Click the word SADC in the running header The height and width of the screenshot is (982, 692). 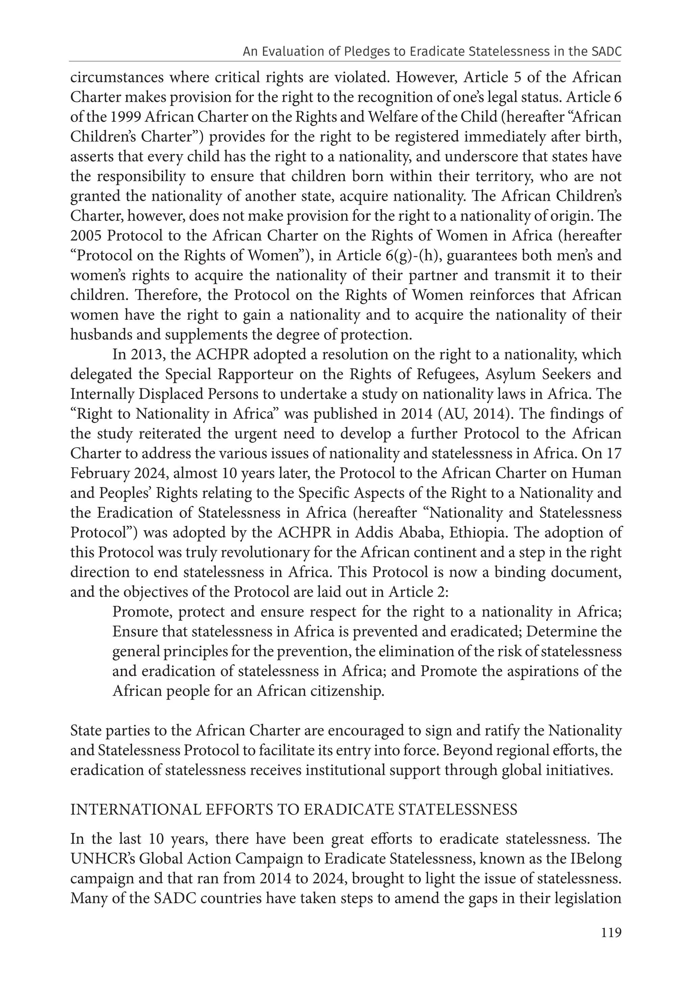607,52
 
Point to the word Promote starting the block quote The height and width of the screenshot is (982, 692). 142,612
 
